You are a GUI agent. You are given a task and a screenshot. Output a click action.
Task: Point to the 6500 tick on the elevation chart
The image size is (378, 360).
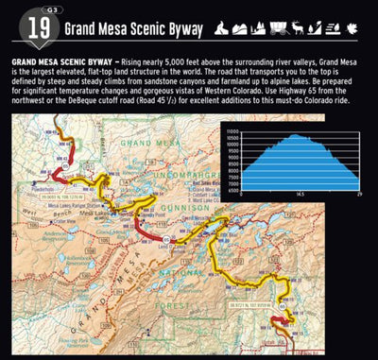(x=231, y=188)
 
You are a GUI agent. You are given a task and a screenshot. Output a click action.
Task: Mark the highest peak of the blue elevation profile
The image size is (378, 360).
(x=296, y=135)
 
